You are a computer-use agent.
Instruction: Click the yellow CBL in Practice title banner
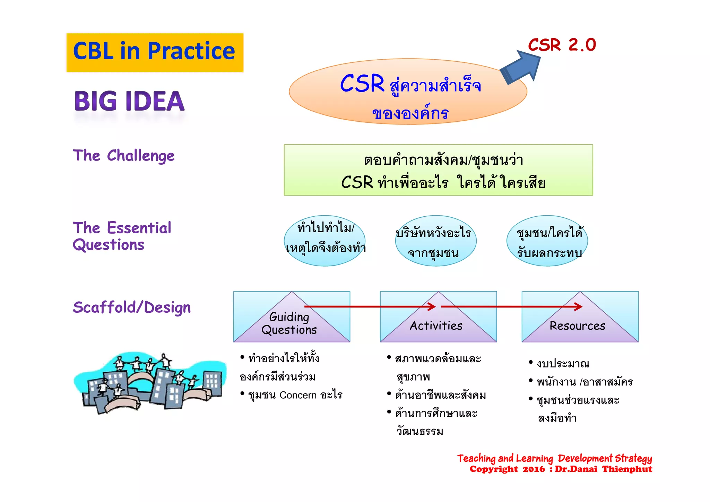(x=155, y=52)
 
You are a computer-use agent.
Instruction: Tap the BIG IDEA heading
(x=129, y=101)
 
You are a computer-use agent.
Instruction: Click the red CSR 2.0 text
(x=562, y=45)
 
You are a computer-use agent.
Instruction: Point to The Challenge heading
(x=123, y=156)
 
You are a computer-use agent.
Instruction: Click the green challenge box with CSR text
(x=438, y=170)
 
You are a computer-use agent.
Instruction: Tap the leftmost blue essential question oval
(x=324, y=241)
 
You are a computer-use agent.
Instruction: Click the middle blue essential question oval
(x=435, y=241)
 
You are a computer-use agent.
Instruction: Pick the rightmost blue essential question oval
(x=547, y=241)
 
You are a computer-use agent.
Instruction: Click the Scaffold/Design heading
(x=132, y=308)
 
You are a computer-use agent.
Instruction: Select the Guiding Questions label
(x=289, y=323)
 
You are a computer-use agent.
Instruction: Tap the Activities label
(x=436, y=326)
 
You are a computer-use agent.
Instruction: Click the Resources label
(x=577, y=326)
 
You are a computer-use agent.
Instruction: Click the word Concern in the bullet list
(x=298, y=395)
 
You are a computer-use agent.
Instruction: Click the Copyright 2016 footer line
(x=561, y=469)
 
